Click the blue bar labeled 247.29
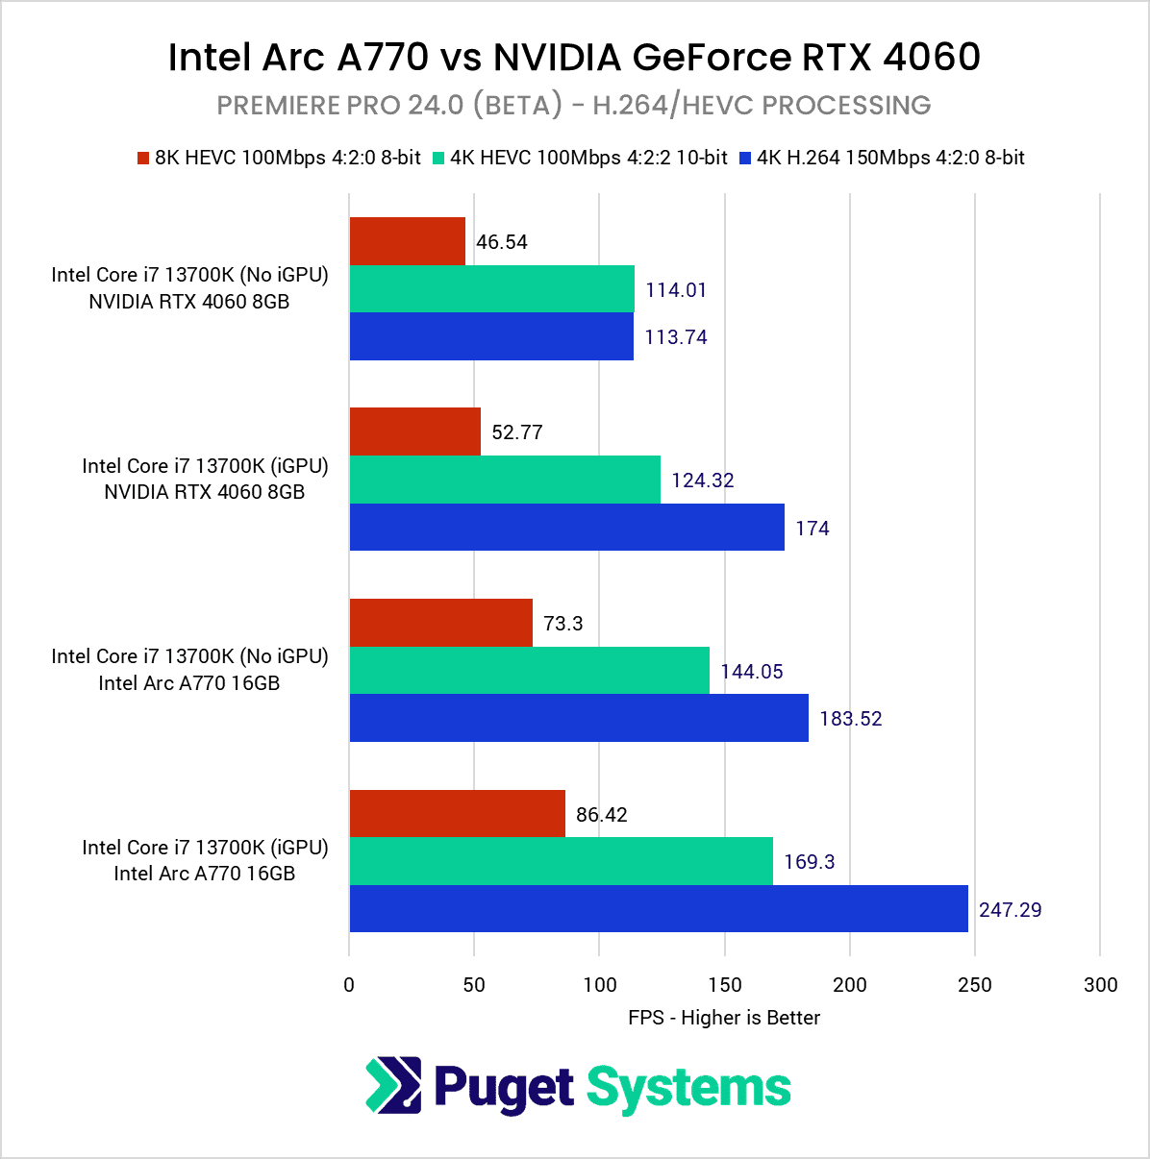(659, 909)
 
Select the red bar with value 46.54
(408, 241)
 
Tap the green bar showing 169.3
(561, 861)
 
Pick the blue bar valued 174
(566, 528)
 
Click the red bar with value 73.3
(440, 623)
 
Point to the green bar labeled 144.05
(529, 671)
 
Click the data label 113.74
(676, 337)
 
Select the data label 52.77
(517, 432)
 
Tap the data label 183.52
(851, 719)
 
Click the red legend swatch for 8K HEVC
(143, 158)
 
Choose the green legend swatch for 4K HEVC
(439, 158)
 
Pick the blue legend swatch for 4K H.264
(745, 158)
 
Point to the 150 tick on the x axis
(725, 984)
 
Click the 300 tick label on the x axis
(1100, 984)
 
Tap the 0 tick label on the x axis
(349, 984)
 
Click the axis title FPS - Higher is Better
(724, 1018)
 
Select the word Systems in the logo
(688, 1087)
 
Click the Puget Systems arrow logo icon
(393, 1085)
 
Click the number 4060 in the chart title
(931, 58)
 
